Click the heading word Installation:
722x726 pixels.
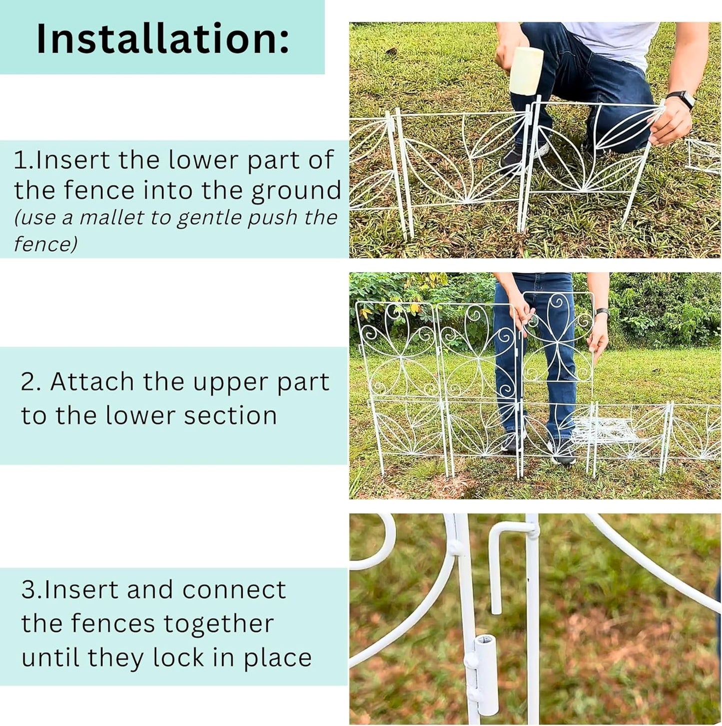coord(162,39)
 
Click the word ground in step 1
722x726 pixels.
coord(296,191)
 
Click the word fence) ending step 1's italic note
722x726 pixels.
coord(45,245)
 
